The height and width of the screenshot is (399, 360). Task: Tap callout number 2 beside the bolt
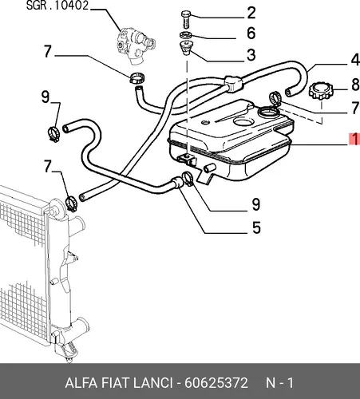tap(251, 13)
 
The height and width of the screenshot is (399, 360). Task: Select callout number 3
tap(251, 55)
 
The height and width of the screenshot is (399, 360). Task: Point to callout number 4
tap(355, 60)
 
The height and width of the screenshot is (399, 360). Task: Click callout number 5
tap(256, 227)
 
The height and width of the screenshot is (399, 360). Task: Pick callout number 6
tap(251, 34)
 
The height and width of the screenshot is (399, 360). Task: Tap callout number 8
tap(355, 85)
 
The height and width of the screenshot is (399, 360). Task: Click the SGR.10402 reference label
tap(57, 6)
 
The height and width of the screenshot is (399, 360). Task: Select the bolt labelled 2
tap(186, 19)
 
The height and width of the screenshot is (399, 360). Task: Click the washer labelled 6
tap(186, 34)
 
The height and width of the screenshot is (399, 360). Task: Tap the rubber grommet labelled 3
tap(186, 48)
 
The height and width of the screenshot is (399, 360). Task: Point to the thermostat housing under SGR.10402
tap(135, 45)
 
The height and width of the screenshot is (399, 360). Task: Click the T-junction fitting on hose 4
tap(233, 83)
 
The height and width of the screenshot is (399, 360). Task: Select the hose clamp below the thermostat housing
tap(137, 77)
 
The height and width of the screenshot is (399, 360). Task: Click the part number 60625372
tap(216, 383)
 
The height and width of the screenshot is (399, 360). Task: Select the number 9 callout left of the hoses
tap(45, 97)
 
